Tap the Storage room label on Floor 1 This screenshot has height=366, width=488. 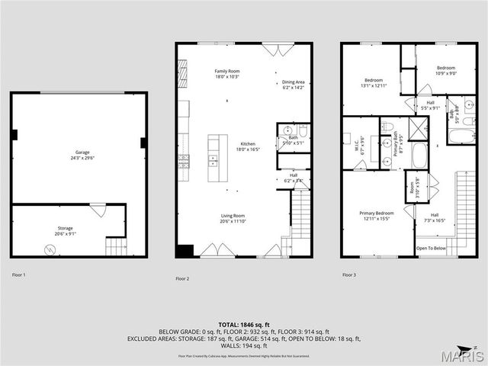pos(65,226)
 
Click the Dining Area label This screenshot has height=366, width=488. pos(294,85)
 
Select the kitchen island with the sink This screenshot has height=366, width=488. pos(217,159)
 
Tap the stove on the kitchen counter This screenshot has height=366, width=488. pos(183,160)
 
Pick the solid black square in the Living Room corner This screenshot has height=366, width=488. pos(184,250)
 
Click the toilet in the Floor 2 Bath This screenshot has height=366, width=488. pos(303,130)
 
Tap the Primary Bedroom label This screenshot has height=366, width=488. pos(376,215)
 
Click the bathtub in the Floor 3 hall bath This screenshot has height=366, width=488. pos(462,136)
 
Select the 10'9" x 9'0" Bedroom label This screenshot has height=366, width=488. pos(446,71)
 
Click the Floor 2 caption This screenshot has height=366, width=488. pos(182,279)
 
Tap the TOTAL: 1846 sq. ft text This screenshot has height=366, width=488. pos(244,325)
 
